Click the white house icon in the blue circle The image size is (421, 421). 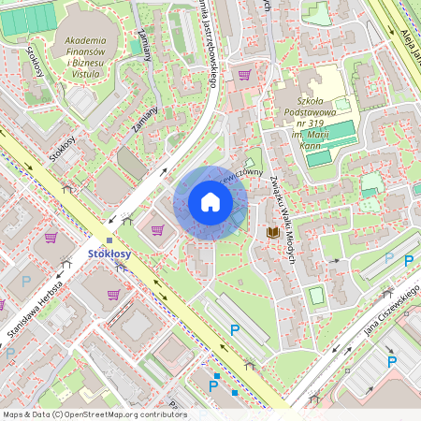(210, 202)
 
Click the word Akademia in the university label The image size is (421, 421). (85, 40)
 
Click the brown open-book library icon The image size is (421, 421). (273, 232)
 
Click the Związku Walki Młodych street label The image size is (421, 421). (282, 220)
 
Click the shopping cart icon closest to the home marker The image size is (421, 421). (157, 229)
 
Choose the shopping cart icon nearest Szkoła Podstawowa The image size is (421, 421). (245, 75)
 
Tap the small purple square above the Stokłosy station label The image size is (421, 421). (109, 240)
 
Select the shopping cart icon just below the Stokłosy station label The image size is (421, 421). (113, 294)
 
